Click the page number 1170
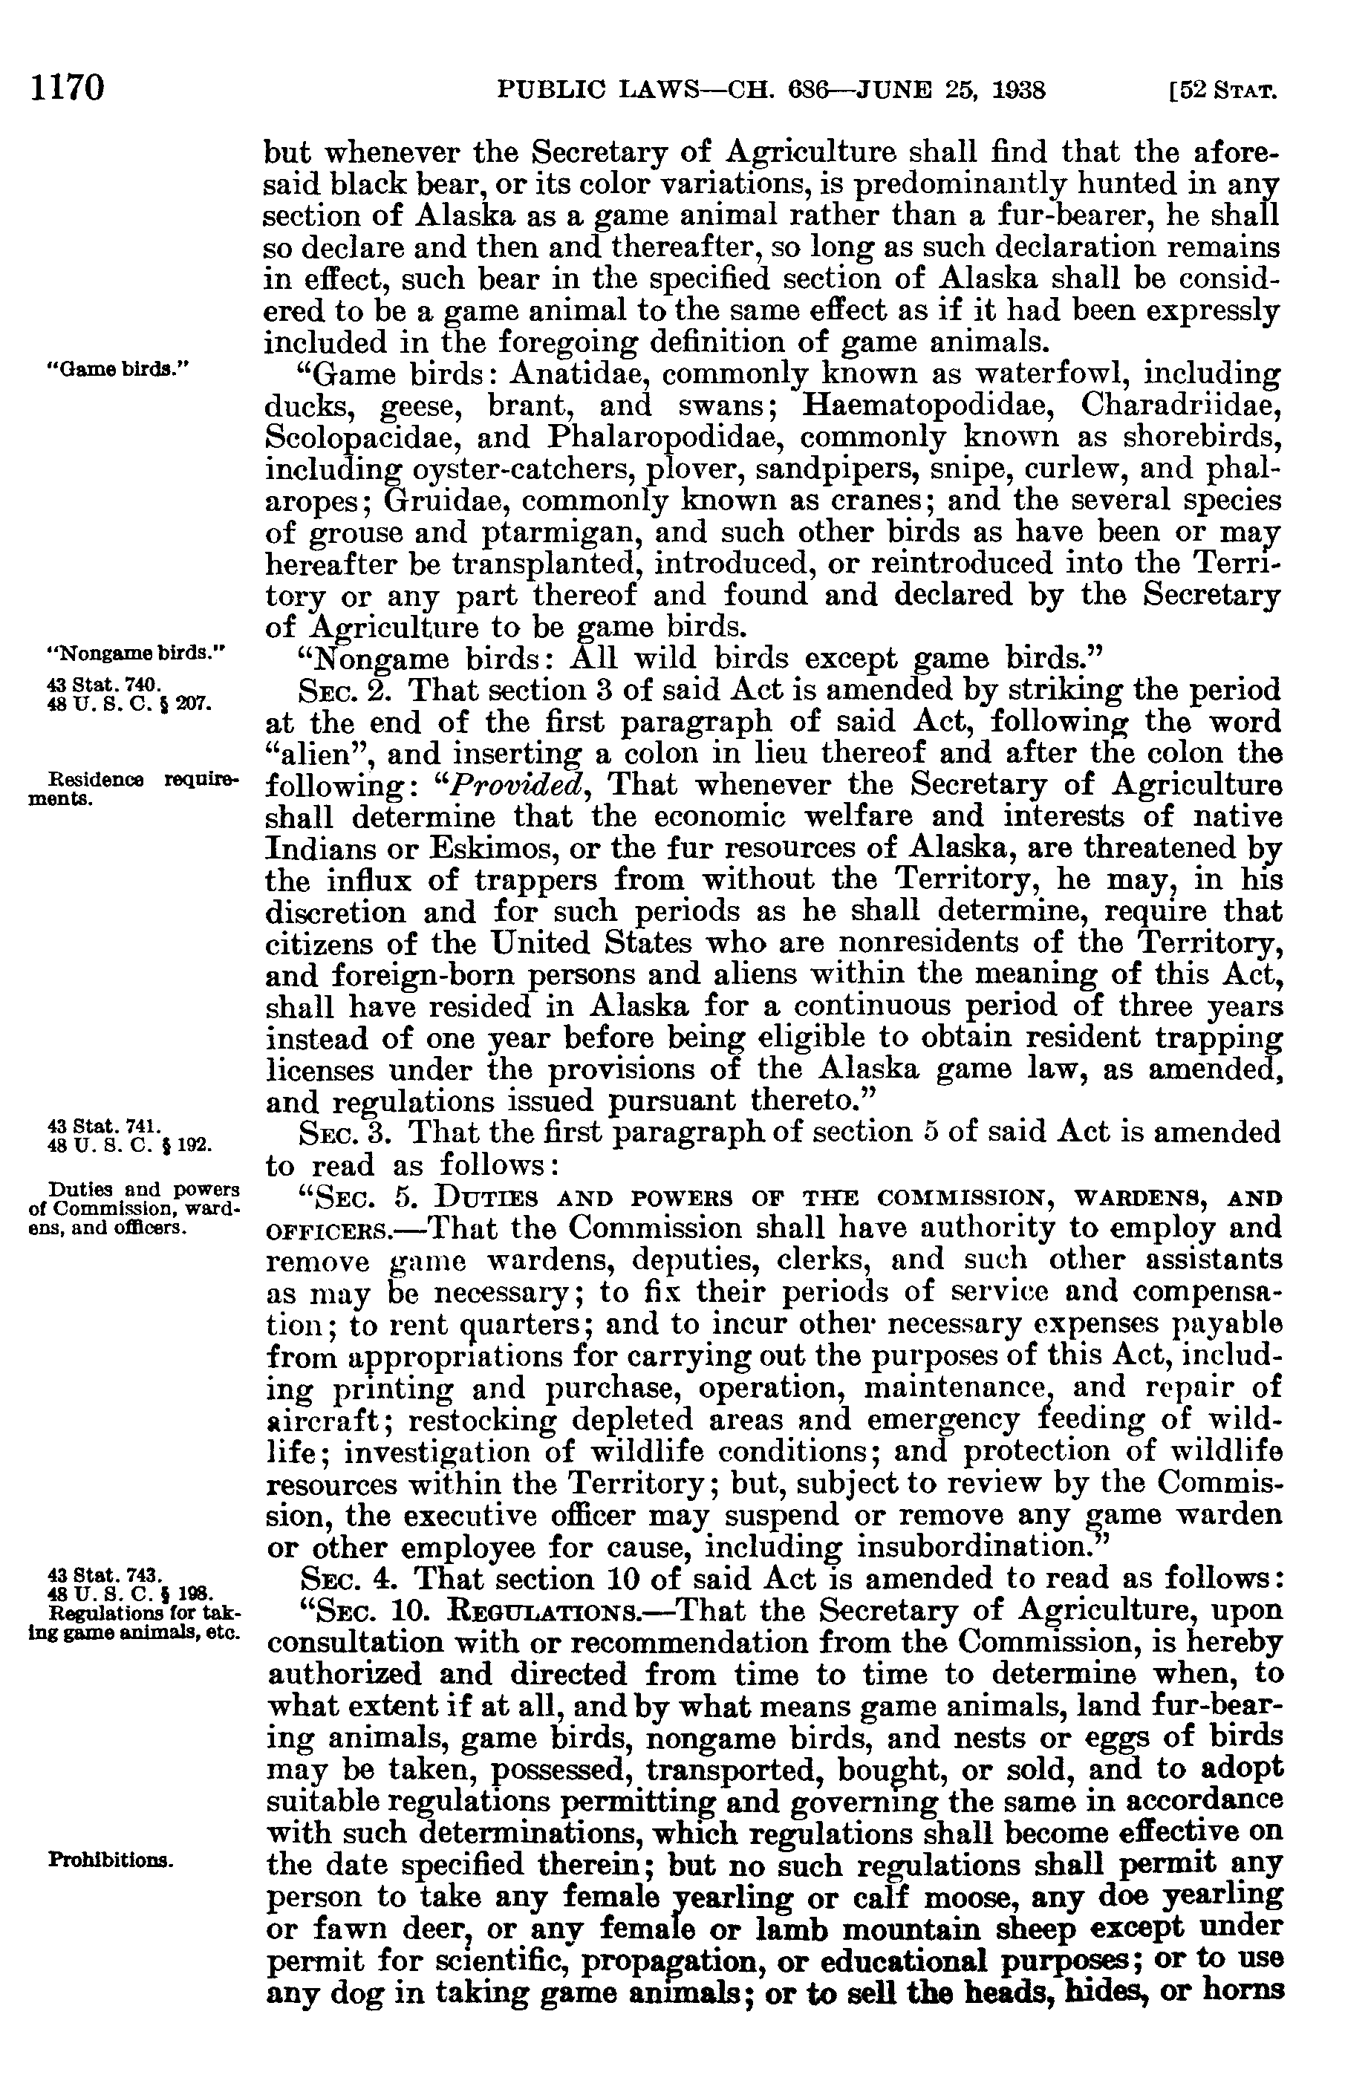click(x=68, y=88)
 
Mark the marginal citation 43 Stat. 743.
click(x=104, y=1575)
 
